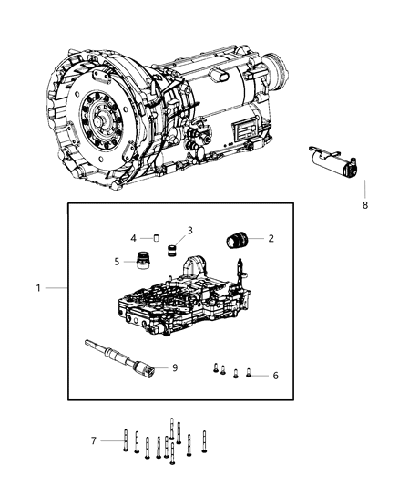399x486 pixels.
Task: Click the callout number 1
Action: pyautogui.click(x=39, y=288)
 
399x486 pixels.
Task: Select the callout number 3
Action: pyautogui.click(x=190, y=230)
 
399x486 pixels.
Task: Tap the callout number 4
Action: pyautogui.click(x=134, y=238)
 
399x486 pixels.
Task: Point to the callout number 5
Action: pyautogui.click(x=118, y=261)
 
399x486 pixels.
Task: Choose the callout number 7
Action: pyautogui.click(x=93, y=440)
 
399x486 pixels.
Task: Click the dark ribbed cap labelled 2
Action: pyautogui.click(x=238, y=242)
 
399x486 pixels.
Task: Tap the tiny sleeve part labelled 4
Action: pyautogui.click(x=155, y=238)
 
